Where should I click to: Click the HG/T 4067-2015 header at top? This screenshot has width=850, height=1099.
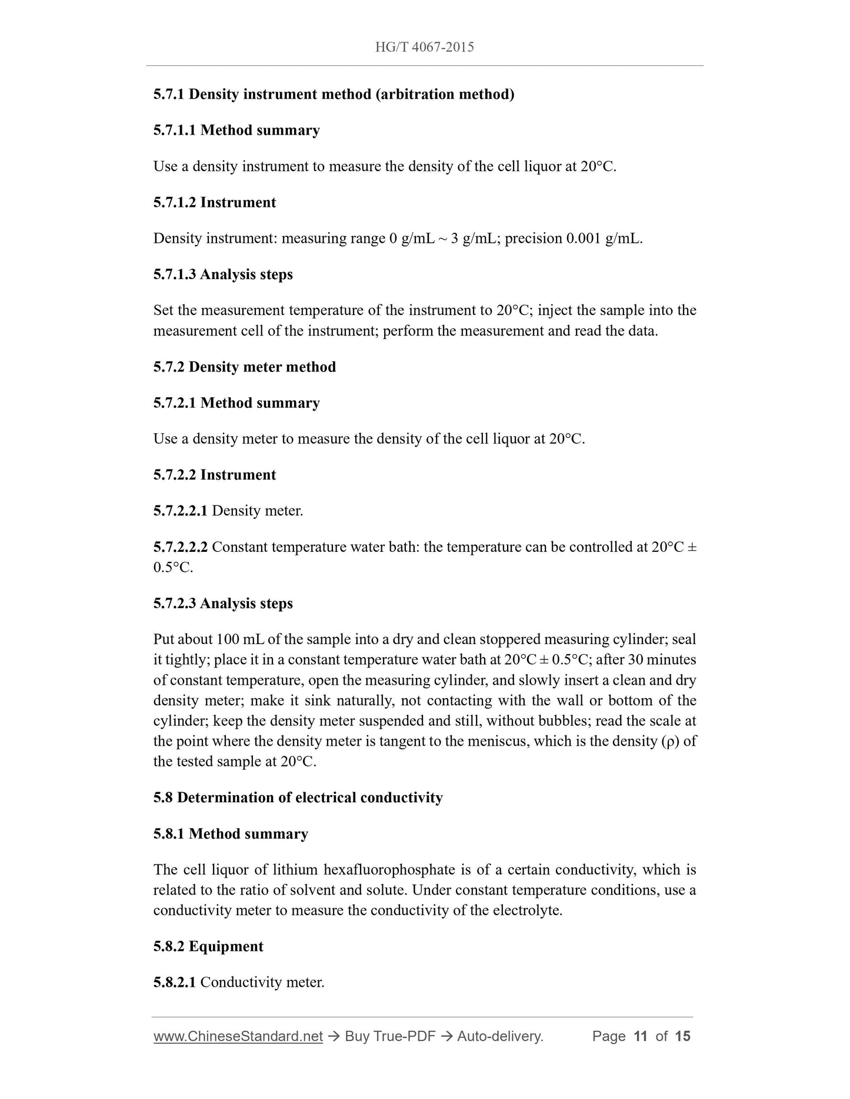pyautogui.click(x=424, y=47)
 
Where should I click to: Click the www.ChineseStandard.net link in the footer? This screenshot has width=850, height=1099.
pyautogui.click(x=238, y=1036)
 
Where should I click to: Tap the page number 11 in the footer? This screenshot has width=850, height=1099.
pyautogui.click(x=640, y=1036)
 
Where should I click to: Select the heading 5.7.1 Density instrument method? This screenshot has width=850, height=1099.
pyautogui.click(x=334, y=94)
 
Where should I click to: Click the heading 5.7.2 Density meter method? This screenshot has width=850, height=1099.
pyautogui.click(x=245, y=367)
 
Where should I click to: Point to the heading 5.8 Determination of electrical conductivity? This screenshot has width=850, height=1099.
pyautogui.click(x=298, y=798)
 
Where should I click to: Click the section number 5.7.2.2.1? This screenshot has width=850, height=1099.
pyautogui.click(x=180, y=511)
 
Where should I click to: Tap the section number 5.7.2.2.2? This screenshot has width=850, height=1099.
pyautogui.click(x=180, y=547)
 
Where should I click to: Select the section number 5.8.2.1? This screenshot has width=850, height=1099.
pyautogui.click(x=174, y=982)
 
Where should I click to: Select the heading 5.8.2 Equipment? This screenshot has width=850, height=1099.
pyautogui.click(x=208, y=946)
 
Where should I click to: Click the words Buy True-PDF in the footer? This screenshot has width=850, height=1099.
pyautogui.click(x=390, y=1036)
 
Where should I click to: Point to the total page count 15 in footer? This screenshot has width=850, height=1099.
pyautogui.click(x=682, y=1036)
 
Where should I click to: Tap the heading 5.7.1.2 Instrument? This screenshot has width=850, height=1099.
pyautogui.click(x=214, y=202)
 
